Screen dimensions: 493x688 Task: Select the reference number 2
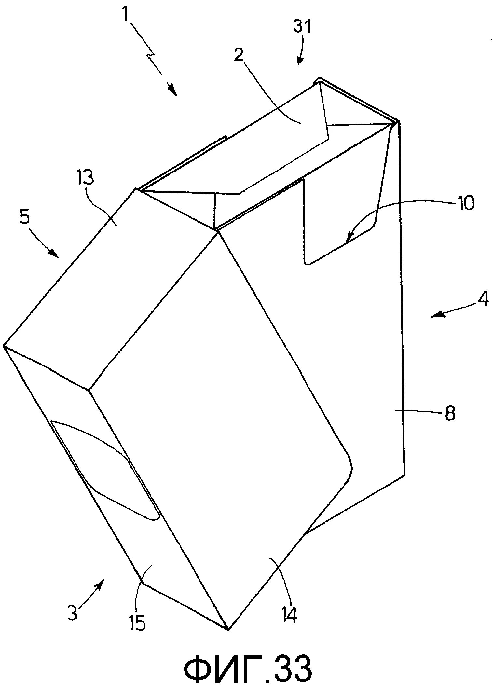[239, 56]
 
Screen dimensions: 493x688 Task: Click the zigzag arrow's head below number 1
[174, 93]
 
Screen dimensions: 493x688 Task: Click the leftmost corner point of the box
[4, 346]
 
